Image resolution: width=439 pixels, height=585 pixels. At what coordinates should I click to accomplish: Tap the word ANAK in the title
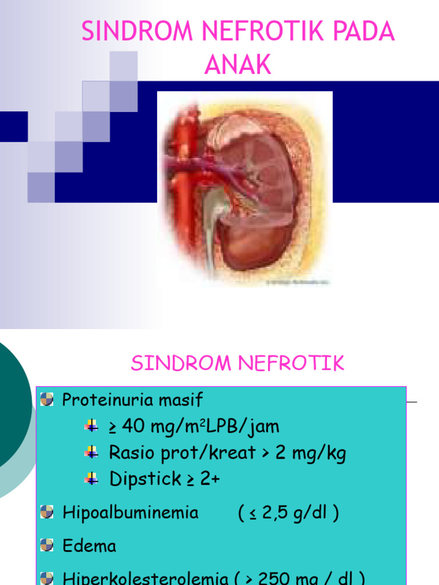(x=238, y=66)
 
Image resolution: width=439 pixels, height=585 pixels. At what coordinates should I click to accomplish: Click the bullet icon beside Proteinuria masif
(x=47, y=399)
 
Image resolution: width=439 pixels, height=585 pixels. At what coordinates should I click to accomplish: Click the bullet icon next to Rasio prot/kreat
(x=91, y=452)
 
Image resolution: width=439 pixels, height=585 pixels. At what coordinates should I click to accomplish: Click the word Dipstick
(x=145, y=479)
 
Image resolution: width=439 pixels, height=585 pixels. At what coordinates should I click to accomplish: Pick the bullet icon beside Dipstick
(x=91, y=479)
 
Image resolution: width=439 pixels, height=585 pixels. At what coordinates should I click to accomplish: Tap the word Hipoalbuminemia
(x=130, y=512)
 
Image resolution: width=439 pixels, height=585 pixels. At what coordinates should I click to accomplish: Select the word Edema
(x=89, y=546)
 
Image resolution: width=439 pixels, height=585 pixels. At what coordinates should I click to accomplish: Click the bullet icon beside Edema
(x=47, y=545)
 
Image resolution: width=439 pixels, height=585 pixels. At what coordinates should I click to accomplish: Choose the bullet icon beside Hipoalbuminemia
(x=47, y=512)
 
